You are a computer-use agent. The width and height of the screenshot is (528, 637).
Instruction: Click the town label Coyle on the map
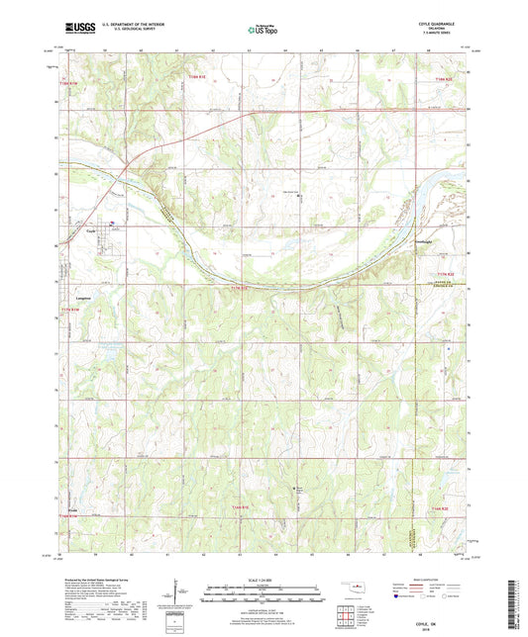89,233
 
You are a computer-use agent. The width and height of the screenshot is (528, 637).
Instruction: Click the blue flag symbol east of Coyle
111,223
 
